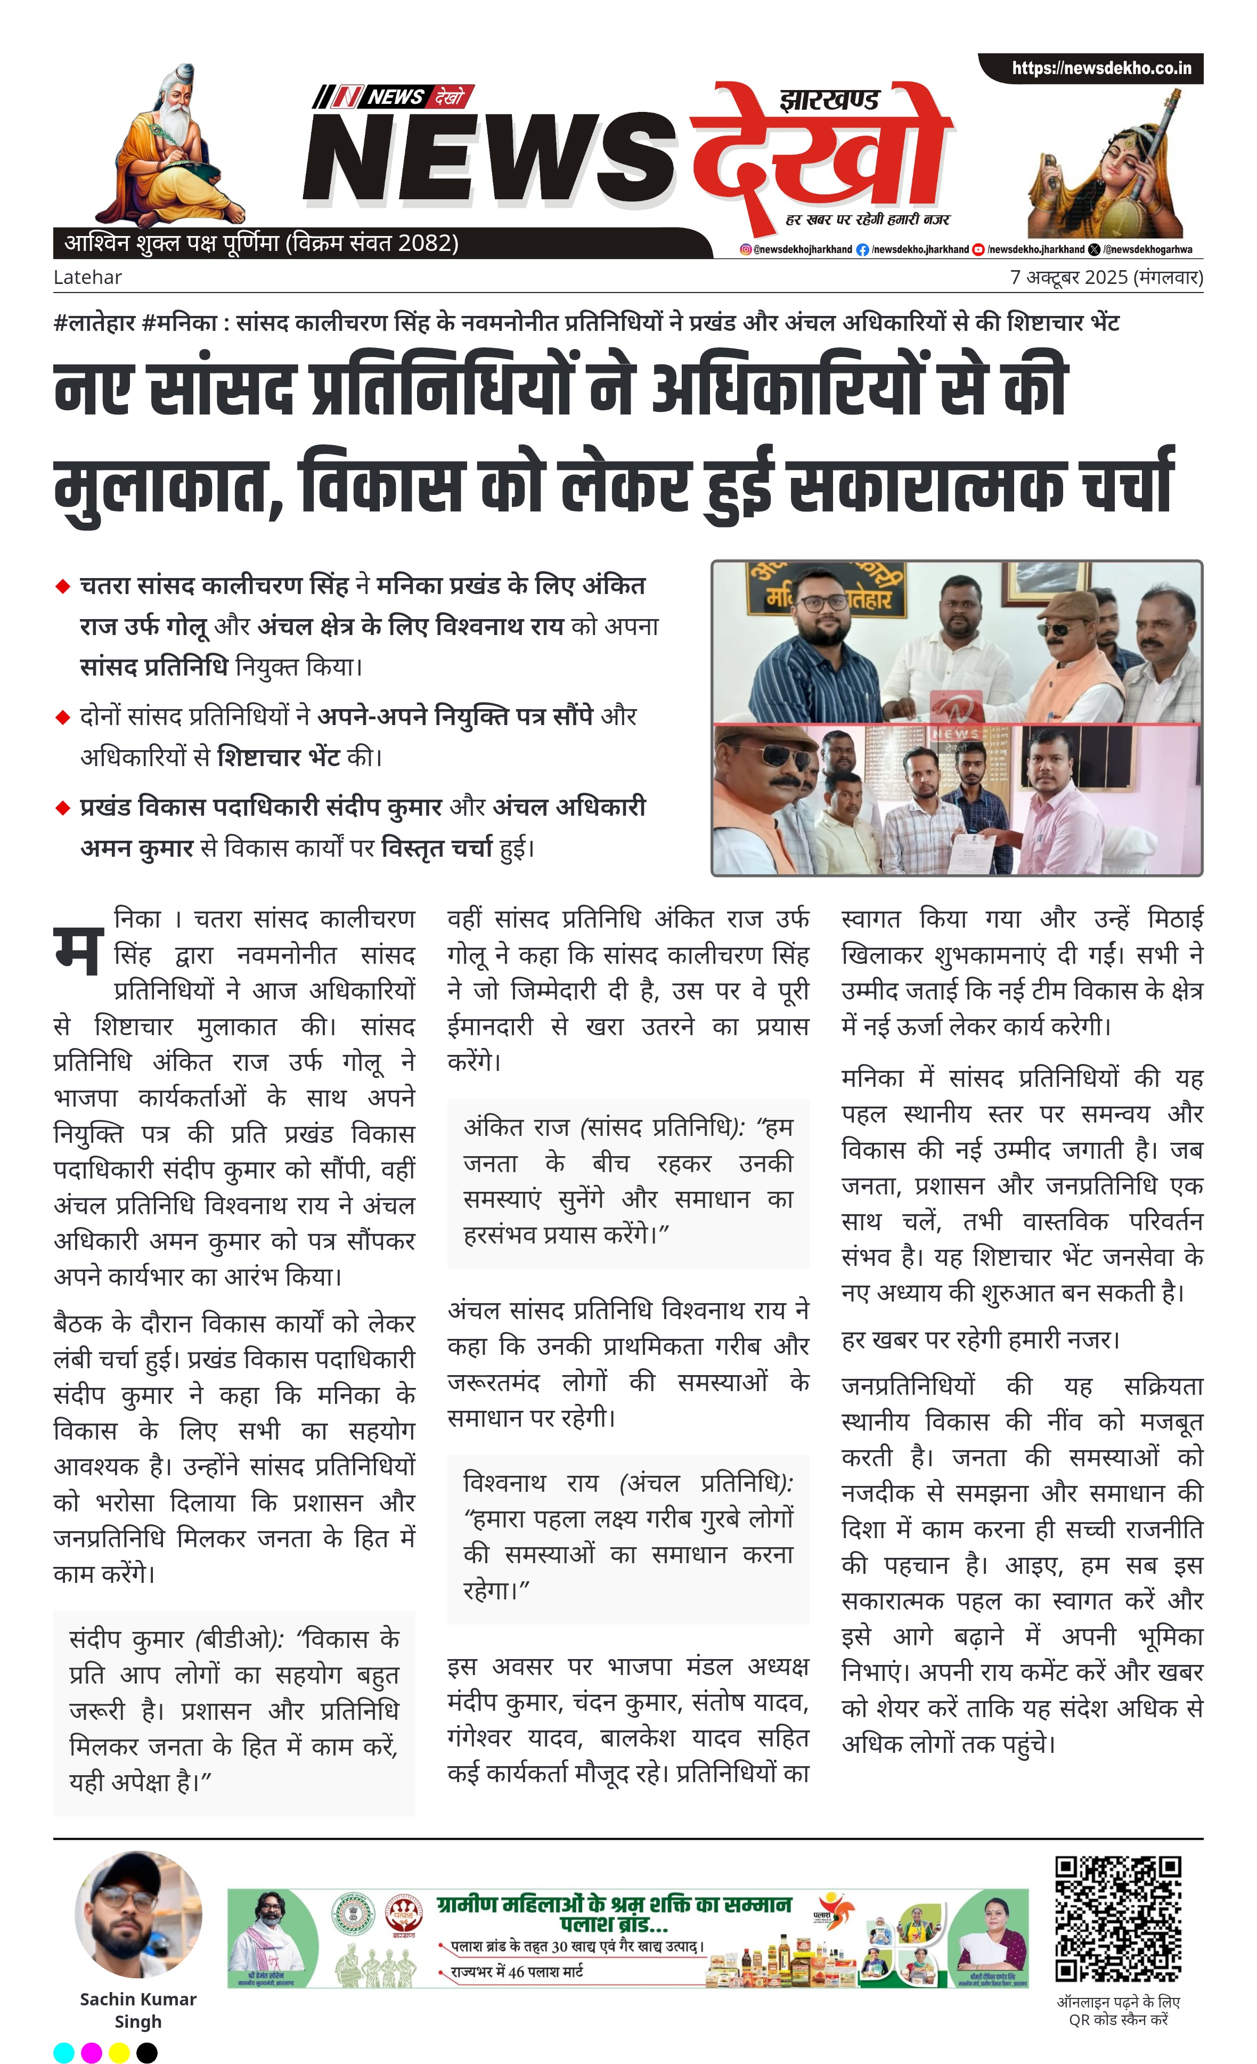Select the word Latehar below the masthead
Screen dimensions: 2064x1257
87,277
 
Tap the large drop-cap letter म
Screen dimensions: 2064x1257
78,952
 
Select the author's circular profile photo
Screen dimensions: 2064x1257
138,1914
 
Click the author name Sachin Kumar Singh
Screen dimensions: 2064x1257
138,2010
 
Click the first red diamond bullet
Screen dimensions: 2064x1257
62,587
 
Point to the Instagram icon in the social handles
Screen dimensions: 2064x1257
745,250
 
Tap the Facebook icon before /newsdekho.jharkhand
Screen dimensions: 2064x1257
862,250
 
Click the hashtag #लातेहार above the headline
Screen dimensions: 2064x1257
94,322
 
